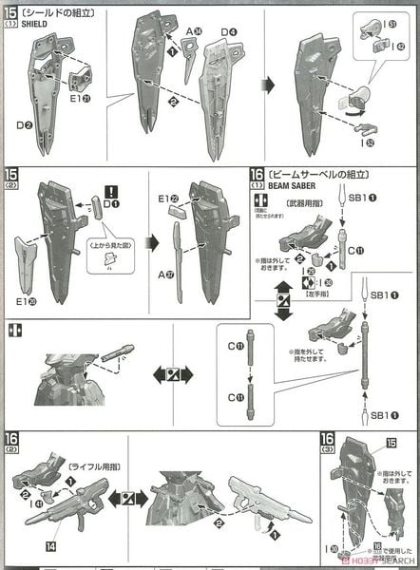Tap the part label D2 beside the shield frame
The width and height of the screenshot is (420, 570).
(24, 123)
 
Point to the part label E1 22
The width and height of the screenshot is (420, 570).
(168, 199)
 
